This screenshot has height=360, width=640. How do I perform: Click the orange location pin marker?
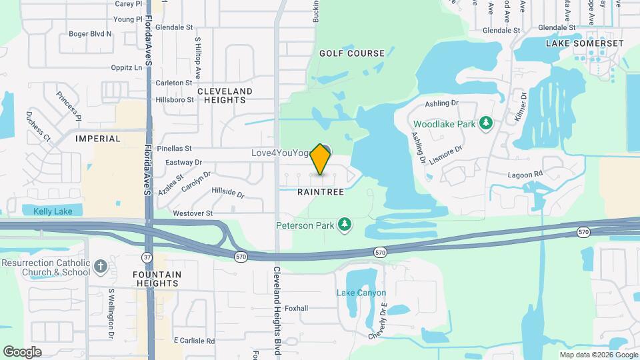pyautogui.click(x=321, y=159)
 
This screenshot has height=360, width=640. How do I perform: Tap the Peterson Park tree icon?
pyautogui.click(x=345, y=225)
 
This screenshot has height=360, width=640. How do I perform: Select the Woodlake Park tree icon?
pyautogui.click(x=487, y=123)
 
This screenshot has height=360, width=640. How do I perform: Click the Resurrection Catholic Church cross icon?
pyautogui.click(x=101, y=267)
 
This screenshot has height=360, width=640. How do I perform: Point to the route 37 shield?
pyautogui.click(x=146, y=256)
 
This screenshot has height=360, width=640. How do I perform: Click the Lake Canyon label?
pyautogui.click(x=361, y=293)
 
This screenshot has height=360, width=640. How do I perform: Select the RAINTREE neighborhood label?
pyautogui.click(x=321, y=192)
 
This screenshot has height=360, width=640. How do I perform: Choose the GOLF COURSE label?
pyautogui.click(x=351, y=53)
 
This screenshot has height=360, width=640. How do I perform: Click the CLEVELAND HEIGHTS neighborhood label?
pyautogui.click(x=225, y=95)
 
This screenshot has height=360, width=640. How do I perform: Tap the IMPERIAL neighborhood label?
pyautogui.click(x=98, y=139)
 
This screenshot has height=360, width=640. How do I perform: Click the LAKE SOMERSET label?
pyautogui.click(x=585, y=43)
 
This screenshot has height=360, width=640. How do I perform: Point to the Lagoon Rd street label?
pyautogui.click(x=524, y=175)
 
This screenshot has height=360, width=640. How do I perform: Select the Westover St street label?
pyautogui.click(x=192, y=213)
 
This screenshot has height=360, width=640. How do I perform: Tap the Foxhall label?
pyautogui.click(x=296, y=309)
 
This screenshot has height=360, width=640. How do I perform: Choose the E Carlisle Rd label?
pyautogui.click(x=194, y=340)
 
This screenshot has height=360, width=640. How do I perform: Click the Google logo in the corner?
pyautogui.click(x=22, y=352)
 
